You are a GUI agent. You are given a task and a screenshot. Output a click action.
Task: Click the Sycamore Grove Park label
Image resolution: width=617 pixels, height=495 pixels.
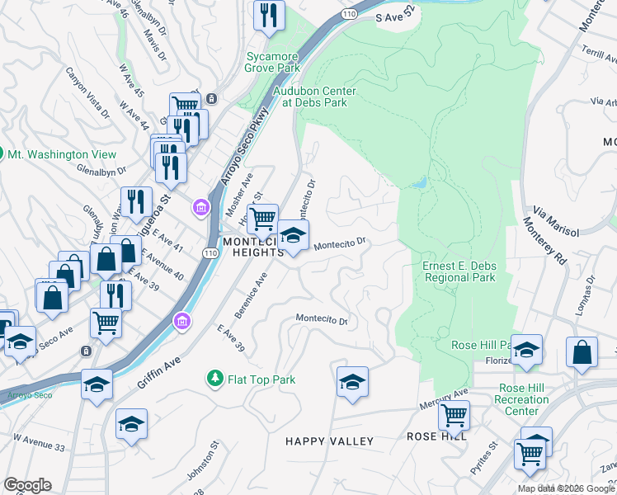point(272,62)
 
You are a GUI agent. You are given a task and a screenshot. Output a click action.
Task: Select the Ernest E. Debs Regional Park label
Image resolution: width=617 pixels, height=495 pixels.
point(459,271)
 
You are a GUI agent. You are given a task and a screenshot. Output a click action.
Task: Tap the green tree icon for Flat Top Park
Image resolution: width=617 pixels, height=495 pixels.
point(214,378)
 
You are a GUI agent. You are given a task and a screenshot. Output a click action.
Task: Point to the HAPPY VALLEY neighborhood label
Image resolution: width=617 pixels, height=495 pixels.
point(329,441)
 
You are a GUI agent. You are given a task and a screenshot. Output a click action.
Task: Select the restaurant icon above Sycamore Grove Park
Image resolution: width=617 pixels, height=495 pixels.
point(269,15)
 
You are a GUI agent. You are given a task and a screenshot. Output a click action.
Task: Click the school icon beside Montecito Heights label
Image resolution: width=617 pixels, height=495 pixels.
point(293,236)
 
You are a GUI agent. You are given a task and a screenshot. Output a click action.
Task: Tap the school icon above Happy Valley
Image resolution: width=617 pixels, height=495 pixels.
point(352,382)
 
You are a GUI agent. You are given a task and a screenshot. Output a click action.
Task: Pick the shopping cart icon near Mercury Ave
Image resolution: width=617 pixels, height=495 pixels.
point(454,416)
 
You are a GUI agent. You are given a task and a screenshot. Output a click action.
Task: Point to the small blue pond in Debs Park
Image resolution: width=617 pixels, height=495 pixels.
point(420,181)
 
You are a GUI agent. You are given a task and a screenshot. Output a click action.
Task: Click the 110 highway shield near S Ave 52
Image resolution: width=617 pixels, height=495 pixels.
point(351,14)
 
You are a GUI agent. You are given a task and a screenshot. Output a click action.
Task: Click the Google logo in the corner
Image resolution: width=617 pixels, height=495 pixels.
point(27,485)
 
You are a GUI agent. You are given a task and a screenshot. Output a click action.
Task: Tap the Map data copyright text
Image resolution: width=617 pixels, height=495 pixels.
point(566,488)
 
